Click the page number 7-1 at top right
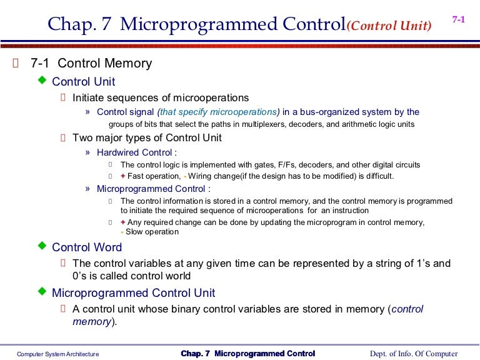pos(458,20)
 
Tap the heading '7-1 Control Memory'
pos(91,64)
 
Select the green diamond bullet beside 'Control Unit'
pos(42,80)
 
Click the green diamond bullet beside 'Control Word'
pos(42,246)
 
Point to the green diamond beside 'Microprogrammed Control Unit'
pos(42,291)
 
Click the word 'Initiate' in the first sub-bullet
pos(89,98)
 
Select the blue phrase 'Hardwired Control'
pos(134,152)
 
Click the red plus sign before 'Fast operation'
pos(122,176)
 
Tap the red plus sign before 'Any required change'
pos(122,222)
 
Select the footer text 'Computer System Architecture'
pos(57,354)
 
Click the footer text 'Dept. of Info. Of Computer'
pos(414,354)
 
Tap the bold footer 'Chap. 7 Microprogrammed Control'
pos(248,354)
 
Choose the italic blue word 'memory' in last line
pos(92,322)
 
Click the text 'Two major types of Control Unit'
pos(147,138)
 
